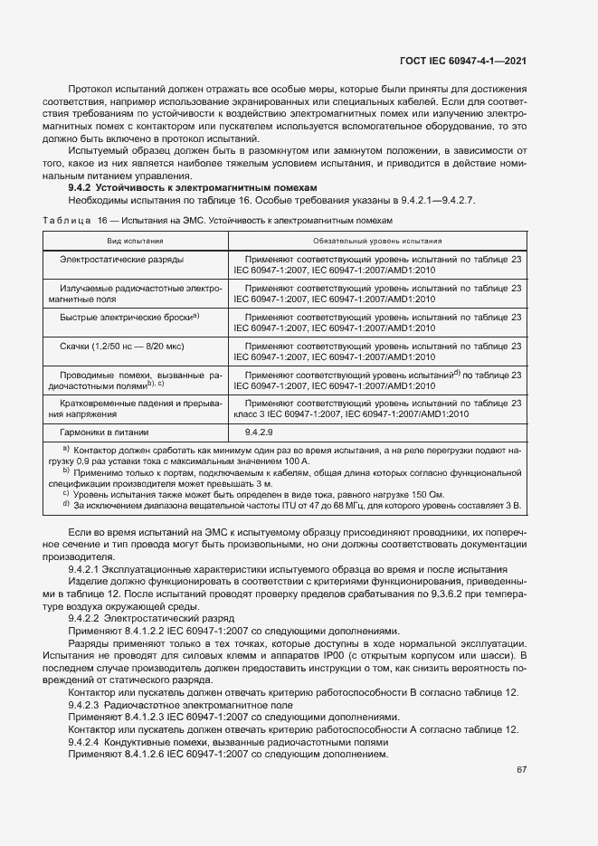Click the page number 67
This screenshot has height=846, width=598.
[x=521, y=769]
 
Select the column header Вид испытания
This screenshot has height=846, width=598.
[x=136, y=242]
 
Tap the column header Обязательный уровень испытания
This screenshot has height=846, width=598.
[x=376, y=242]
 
